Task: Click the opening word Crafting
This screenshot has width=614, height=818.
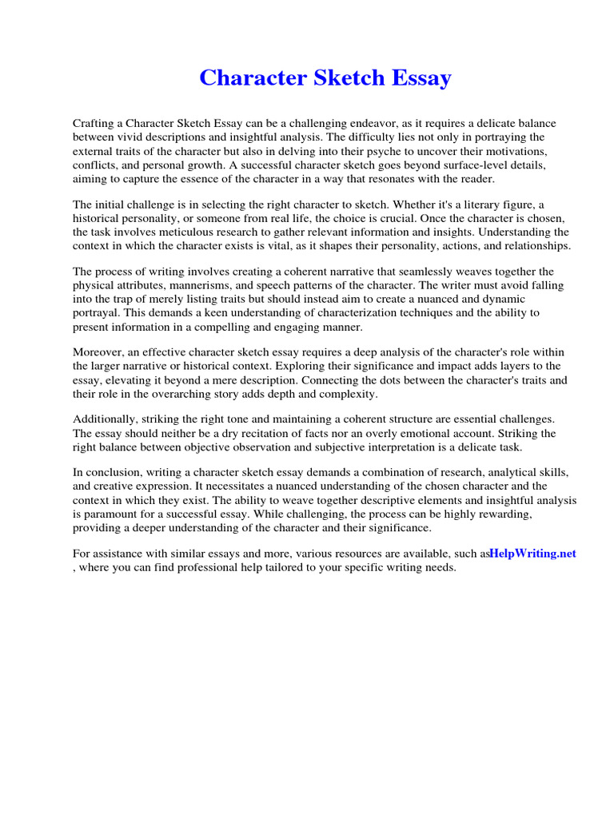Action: [x=94, y=124]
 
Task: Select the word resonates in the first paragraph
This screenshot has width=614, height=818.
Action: [x=391, y=178]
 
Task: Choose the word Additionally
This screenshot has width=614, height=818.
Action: [x=104, y=420]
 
